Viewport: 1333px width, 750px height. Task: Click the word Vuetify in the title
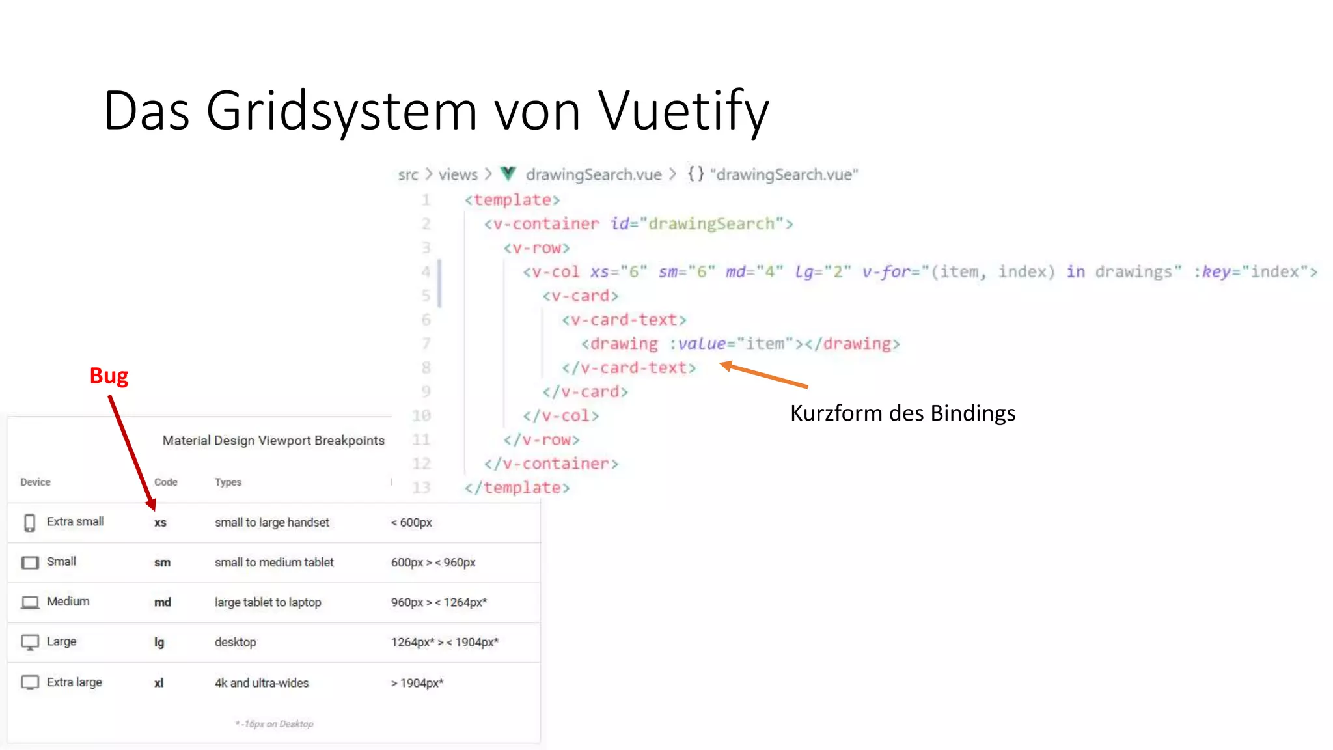pyautogui.click(x=683, y=111)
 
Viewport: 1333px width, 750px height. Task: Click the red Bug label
pyautogui.click(x=109, y=376)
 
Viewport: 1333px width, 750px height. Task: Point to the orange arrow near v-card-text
pyautogui.click(x=765, y=376)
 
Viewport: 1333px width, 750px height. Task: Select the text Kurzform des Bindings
pyautogui.click(x=902, y=413)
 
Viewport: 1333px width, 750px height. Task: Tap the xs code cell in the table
pyautogui.click(x=160, y=523)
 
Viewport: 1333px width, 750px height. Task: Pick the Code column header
pyautogui.click(x=165, y=482)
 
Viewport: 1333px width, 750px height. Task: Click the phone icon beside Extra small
pyautogui.click(x=29, y=523)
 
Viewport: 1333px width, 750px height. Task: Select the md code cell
pyautogui.click(x=162, y=602)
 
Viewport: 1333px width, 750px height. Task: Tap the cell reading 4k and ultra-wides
pyautogui.click(x=262, y=683)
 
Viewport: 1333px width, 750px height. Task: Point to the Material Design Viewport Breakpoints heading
pyautogui.click(x=273, y=441)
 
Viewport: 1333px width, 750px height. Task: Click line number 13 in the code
pyautogui.click(x=421, y=488)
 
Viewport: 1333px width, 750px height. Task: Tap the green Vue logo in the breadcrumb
pyautogui.click(x=508, y=174)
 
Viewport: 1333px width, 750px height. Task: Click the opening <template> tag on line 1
pyautogui.click(x=512, y=200)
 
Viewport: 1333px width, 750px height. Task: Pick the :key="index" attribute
pyautogui.click(x=1254, y=271)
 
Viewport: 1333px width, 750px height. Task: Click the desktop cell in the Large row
pyautogui.click(x=235, y=643)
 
